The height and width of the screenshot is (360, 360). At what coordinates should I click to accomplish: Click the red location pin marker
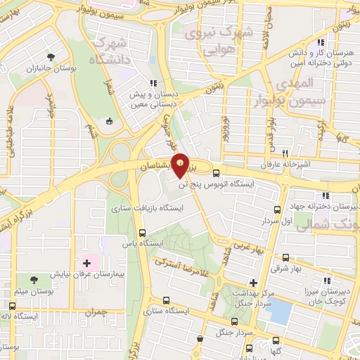181,166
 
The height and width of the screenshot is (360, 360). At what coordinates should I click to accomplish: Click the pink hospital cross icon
87,263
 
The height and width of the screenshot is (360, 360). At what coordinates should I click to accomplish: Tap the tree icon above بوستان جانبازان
50,57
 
